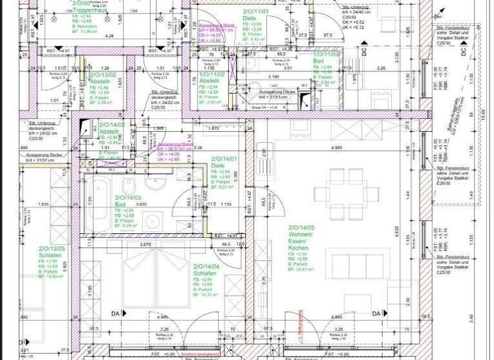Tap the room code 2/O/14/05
pos(302,228)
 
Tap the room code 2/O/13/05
pos(52,248)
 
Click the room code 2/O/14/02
pos(112,125)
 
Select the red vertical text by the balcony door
pos(299,327)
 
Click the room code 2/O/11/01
pos(255,12)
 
